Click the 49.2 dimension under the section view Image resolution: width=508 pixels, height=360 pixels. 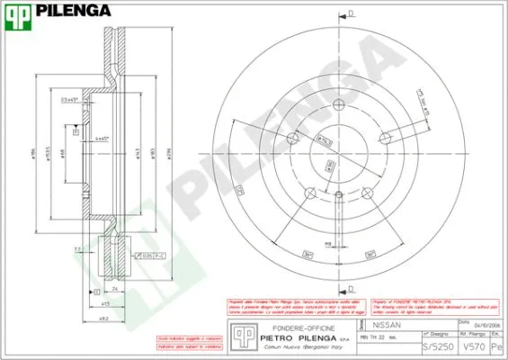click(104, 318)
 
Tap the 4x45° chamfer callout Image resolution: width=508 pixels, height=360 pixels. click(102, 138)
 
